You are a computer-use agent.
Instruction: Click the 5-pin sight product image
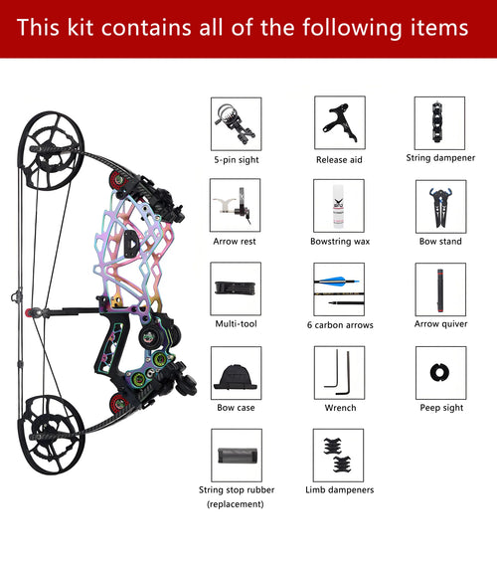click(x=236, y=124)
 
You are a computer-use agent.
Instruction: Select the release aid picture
click(x=340, y=122)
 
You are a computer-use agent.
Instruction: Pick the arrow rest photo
click(x=235, y=205)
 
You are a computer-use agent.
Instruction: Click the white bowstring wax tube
click(x=338, y=207)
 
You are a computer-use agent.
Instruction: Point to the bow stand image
click(x=440, y=207)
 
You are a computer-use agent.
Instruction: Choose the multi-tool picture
click(x=236, y=288)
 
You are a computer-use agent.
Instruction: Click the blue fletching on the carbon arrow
click(x=334, y=281)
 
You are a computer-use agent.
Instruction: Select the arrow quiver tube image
click(x=440, y=290)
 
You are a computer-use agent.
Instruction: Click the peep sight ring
click(x=439, y=372)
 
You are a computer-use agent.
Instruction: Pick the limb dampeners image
click(x=338, y=456)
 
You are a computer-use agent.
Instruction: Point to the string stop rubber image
click(x=237, y=456)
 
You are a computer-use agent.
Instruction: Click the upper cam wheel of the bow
click(x=52, y=150)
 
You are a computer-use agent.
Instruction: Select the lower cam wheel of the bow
click(x=52, y=435)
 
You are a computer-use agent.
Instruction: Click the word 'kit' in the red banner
click(x=81, y=27)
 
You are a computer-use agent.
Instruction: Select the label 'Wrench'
click(x=340, y=408)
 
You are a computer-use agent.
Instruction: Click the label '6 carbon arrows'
click(x=340, y=324)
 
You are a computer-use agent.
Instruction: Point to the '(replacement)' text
click(x=236, y=504)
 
